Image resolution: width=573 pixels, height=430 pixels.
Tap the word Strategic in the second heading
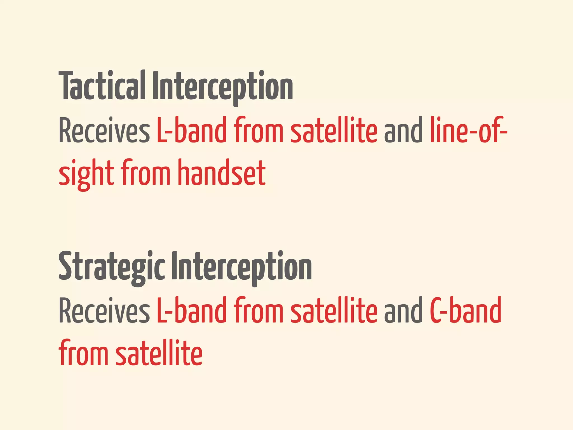(x=112, y=266)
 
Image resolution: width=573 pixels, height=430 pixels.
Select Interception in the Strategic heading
(x=241, y=266)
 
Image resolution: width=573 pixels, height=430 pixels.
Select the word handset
(x=222, y=172)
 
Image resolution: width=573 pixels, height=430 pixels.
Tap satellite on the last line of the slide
(x=159, y=352)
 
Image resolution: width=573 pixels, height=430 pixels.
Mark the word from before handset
(x=146, y=172)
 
